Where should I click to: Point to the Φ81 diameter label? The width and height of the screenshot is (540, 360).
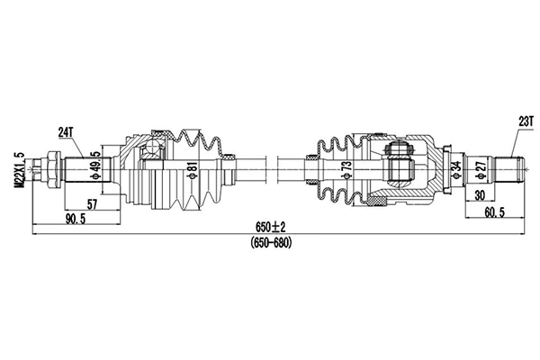pos(192,169)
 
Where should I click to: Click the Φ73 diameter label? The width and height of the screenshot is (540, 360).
pos(346,169)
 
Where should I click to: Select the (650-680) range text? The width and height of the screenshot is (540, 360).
pos(270,243)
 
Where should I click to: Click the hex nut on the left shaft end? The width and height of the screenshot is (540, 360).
pos(50,167)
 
